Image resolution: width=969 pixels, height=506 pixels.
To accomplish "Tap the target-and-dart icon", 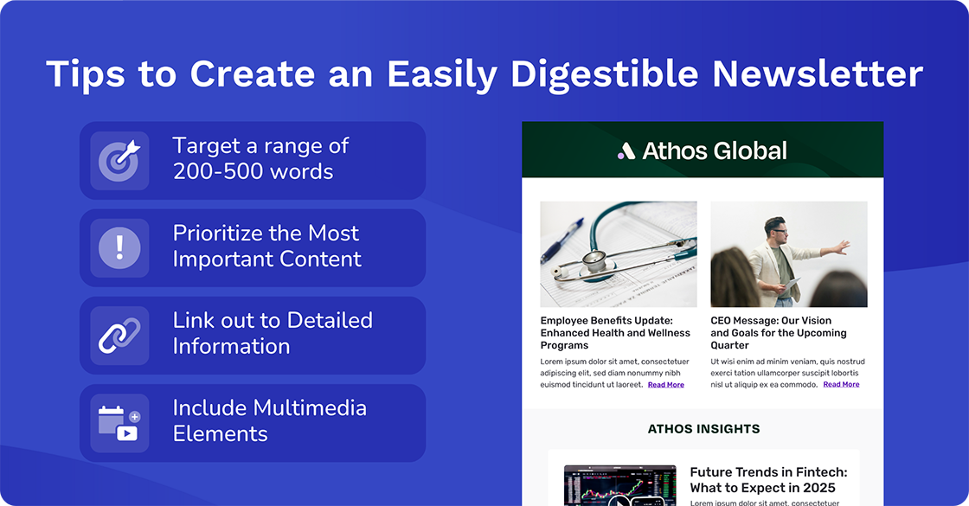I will click(x=119, y=160).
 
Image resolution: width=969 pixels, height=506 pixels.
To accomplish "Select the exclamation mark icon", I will click(x=119, y=247).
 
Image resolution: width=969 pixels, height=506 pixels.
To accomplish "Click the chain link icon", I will click(x=119, y=335).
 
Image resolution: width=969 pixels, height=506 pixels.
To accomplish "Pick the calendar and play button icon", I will click(x=119, y=423).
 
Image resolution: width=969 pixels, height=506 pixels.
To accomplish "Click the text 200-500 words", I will click(x=253, y=172).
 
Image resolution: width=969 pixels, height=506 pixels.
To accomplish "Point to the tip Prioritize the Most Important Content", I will click(x=266, y=247).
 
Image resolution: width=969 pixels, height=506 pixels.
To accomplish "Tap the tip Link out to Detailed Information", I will click(x=273, y=334).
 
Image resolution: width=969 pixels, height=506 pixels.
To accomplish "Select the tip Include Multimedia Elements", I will click(x=269, y=421).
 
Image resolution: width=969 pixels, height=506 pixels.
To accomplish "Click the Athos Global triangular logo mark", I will click(x=626, y=151).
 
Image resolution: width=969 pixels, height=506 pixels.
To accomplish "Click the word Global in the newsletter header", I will click(x=750, y=151).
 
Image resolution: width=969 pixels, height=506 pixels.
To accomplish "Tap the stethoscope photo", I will click(x=618, y=254).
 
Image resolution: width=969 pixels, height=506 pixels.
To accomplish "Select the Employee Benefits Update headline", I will click(x=615, y=333).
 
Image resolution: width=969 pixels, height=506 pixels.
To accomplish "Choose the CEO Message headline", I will click(x=778, y=333).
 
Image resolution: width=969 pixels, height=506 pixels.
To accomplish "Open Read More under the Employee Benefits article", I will click(x=665, y=385).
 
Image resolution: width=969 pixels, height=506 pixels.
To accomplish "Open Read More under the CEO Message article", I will click(x=841, y=385).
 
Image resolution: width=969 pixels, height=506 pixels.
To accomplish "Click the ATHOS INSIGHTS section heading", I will click(x=703, y=429).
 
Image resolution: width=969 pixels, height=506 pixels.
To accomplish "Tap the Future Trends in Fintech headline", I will click(x=768, y=480).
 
